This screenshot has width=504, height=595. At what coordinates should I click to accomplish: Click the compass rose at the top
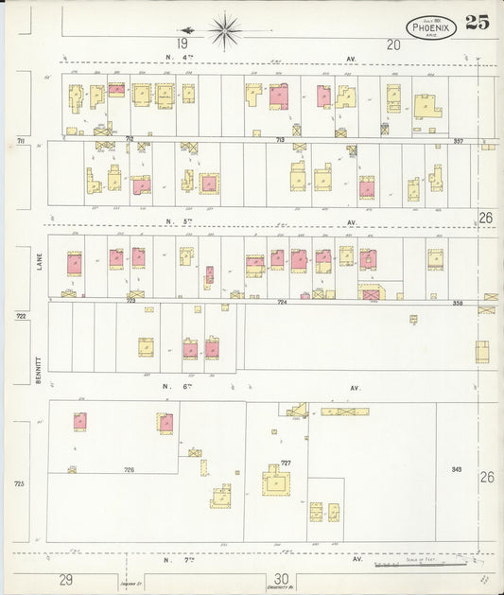pos(225,30)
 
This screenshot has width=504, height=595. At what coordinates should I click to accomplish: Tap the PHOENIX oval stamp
pos(432,27)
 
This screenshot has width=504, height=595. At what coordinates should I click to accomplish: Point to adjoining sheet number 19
pos(182,44)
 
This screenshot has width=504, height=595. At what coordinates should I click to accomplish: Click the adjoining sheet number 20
pos(393,44)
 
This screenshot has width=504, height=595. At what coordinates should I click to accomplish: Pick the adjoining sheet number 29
pos(65,578)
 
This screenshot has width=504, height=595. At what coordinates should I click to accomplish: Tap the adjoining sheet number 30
pos(281,578)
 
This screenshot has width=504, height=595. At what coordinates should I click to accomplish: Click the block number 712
pos(129,138)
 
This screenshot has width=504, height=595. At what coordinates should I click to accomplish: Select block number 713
pos(280,139)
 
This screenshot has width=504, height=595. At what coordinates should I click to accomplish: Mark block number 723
pos(130,301)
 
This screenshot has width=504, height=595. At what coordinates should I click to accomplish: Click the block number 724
pos(281,301)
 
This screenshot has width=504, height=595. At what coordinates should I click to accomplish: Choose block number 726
pos(129,469)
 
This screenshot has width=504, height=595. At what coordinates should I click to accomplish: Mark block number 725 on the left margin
pos(19,483)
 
